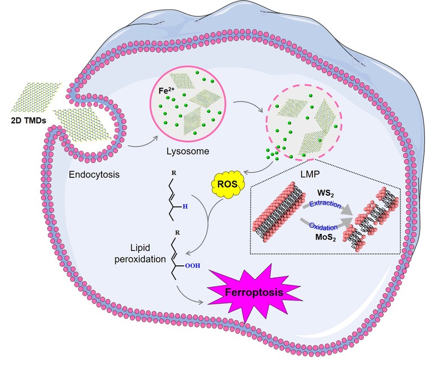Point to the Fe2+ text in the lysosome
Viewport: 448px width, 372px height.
click(165, 88)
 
